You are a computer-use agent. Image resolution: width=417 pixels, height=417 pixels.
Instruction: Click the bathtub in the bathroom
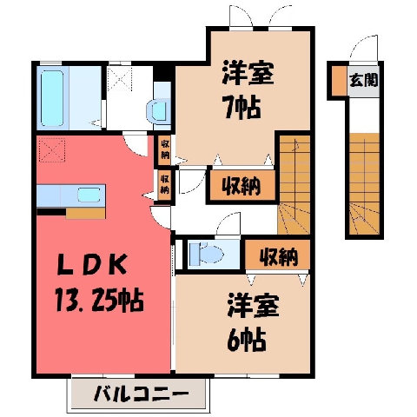tap(52, 98)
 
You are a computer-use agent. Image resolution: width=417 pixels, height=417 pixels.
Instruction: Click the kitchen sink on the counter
tap(89, 195)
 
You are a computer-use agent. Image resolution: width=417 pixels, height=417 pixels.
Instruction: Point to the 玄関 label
tap(364, 80)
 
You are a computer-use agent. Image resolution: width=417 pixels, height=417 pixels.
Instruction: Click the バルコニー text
tap(142, 394)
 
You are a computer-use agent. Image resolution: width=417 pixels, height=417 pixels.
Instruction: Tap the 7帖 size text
tap(242, 108)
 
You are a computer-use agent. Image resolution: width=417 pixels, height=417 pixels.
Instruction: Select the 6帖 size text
tap(247, 339)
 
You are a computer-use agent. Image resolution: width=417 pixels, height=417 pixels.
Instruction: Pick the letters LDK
tap(92, 264)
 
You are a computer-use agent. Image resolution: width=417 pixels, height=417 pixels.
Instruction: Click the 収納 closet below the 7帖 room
tap(242, 186)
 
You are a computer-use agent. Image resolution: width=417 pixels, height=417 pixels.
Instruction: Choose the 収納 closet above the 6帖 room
tap(278, 255)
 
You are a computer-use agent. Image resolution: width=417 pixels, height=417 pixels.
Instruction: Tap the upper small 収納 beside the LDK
tap(165, 149)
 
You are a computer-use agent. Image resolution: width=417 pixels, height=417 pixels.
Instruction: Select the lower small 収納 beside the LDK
tap(165, 184)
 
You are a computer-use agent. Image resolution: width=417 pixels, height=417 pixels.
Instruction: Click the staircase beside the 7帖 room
tap(295, 185)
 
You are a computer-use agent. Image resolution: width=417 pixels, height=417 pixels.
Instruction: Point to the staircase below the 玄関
tap(364, 184)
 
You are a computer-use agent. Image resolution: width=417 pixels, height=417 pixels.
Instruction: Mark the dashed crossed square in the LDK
tap(52, 150)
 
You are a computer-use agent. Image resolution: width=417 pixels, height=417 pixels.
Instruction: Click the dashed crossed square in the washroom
tap(120, 79)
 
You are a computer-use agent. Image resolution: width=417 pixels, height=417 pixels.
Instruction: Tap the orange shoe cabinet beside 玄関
tap(339, 81)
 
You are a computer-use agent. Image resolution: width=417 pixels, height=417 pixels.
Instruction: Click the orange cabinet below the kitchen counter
tap(85, 214)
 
